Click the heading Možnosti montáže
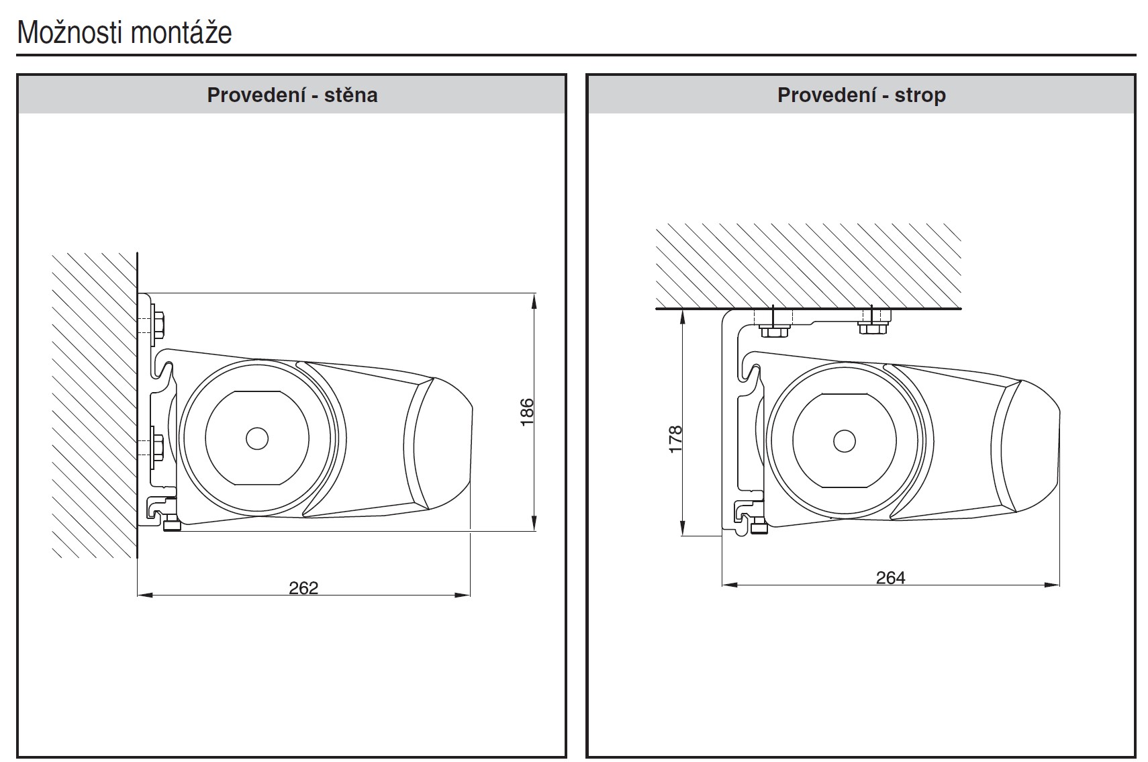[x=125, y=33]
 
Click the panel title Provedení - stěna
[x=292, y=95]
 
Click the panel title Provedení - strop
[x=861, y=95]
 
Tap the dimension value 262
[x=303, y=587]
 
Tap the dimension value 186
[x=527, y=412]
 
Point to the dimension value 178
[x=675, y=439]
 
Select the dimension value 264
[x=891, y=577]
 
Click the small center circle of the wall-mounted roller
[x=256, y=438]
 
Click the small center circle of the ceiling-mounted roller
[x=844, y=440]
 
